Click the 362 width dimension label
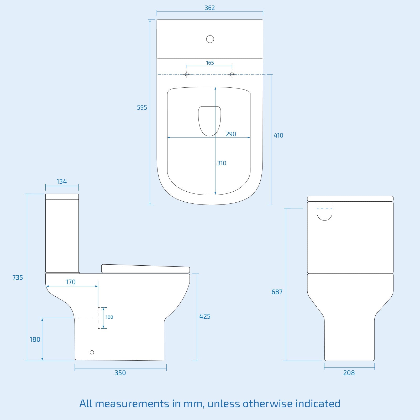(210, 8)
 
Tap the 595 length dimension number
(142, 107)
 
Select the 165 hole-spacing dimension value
(210, 63)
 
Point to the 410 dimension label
(278, 135)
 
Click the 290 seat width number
(231, 134)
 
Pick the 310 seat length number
(222, 163)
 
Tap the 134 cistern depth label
(62, 181)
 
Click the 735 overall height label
(18, 277)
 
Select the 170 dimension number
(70, 282)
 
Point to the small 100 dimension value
(109, 317)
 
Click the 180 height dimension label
(35, 339)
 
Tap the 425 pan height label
(205, 316)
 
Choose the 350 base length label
(120, 373)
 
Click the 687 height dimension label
(277, 292)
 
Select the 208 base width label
(349, 373)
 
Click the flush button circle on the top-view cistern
(210, 39)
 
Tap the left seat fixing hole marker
(187, 74)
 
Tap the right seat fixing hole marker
(232, 74)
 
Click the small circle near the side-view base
(92, 352)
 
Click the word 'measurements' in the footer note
(132, 403)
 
